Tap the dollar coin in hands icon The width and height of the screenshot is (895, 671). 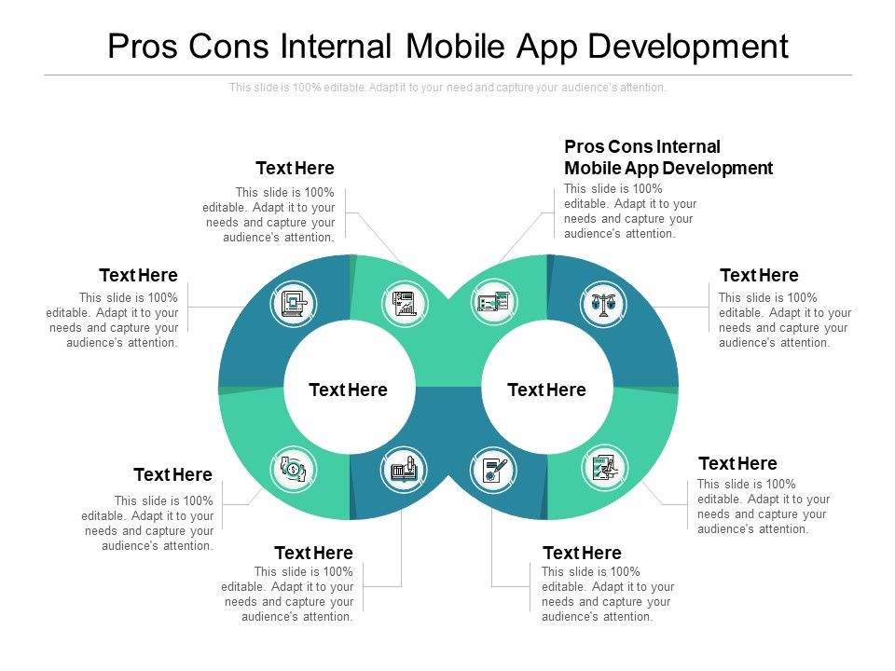pyautogui.click(x=294, y=469)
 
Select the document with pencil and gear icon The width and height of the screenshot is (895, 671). pyautogui.click(x=491, y=469)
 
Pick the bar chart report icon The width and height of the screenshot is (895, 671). pyautogui.click(x=405, y=303)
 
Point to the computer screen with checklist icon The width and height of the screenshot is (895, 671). pyautogui.click(x=492, y=303)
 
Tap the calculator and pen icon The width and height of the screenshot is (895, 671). pyautogui.click(x=405, y=469)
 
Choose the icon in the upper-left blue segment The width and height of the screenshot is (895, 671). pyautogui.click(x=294, y=304)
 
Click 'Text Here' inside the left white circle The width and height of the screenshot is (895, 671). pyautogui.click(x=348, y=390)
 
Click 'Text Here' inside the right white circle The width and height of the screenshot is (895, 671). pyautogui.click(x=546, y=390)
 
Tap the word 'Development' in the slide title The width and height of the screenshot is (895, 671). pyautogui.click(x=694, y=47)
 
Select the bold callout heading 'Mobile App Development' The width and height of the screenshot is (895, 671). pyautogui.click(x=668, y=169)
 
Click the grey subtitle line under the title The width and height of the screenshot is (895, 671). pyautogui.click(x=447, y=88)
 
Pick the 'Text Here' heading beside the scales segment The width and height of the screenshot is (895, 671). pyautogui.click(x=759, y=276)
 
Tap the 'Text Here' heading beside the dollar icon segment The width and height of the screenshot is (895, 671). pyautogui.click(x=172, y=475)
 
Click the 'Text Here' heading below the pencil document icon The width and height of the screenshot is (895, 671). pyautogui.click(x=582, y=554)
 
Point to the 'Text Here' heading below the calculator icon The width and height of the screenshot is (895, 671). pyautogui.click(x=313, y=554)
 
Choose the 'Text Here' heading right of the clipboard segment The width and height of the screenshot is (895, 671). pyautogui.click(x=737, y=464)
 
